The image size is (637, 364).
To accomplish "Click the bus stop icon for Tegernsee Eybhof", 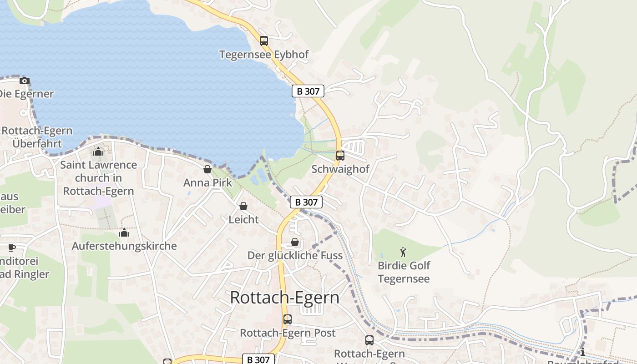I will tap(264, 41).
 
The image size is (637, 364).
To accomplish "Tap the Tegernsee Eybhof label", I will tap(264, 55).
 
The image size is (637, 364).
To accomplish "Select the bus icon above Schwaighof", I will tap(340, 156).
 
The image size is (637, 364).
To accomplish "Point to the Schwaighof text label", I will tap(340, 169).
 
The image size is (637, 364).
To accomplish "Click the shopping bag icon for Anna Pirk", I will tap(207, 170).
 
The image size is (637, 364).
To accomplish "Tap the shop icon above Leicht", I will tap(243, 207).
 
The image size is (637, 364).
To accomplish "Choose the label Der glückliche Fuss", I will tap(295, 255).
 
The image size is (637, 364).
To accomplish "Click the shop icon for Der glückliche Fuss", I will tap(295, 242).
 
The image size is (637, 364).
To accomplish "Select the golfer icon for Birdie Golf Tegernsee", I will tap(403, 252).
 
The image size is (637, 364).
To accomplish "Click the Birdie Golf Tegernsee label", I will tap(404, 272).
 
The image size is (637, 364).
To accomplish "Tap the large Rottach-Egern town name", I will tap(284, 297).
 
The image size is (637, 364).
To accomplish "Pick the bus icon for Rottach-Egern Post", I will tap(288, 319).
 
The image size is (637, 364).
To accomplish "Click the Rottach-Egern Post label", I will tap(288, 333).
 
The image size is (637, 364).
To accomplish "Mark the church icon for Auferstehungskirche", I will tap(124, 233).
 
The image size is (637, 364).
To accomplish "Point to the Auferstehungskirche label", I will tap(124, 246).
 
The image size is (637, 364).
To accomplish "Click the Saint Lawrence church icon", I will tap(98, 152).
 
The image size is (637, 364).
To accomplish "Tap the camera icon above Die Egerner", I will tap(25, 81).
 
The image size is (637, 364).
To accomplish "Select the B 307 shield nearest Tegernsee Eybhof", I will tap(308, 91).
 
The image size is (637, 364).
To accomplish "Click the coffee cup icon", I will tap(11, 248).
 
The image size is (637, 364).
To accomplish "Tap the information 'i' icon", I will tap(583, 352).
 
